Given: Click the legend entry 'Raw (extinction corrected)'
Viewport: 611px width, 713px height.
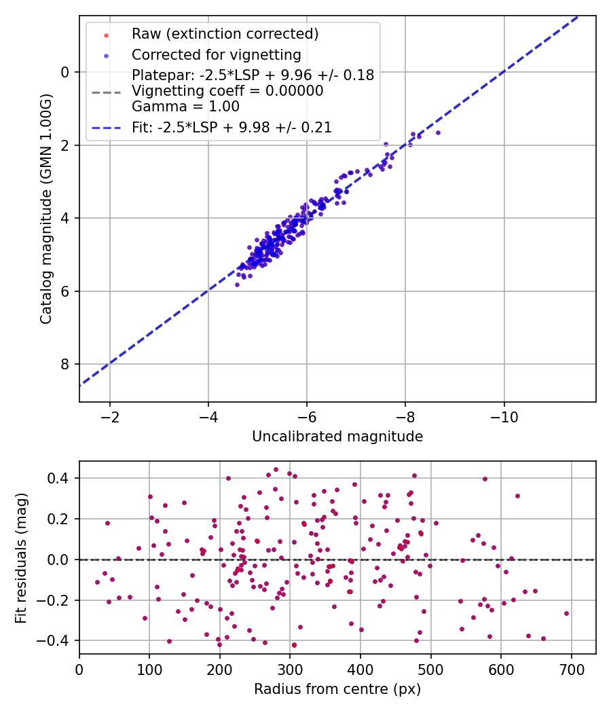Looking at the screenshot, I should click(225, 33).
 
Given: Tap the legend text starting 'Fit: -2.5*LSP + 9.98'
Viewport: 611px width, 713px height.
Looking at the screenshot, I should click(232, 127).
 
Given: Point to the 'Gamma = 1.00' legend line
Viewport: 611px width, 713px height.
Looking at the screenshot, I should click(185, 106).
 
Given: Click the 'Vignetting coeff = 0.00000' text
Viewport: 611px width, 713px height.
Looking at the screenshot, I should click(227, 90).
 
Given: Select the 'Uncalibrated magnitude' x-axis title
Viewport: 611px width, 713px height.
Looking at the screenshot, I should click(337, 437).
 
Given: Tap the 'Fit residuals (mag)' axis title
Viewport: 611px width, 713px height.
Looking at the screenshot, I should click(20, 557).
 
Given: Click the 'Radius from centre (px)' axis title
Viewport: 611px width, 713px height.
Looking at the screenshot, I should click(337, 689).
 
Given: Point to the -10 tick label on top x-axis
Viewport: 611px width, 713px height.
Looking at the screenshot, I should click(504, 416).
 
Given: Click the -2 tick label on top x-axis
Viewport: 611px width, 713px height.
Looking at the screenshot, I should click(109, 416).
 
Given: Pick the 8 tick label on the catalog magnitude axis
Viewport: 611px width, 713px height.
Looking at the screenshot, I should click(65, 365).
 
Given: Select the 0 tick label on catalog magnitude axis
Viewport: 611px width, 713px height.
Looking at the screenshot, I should click(65, 72).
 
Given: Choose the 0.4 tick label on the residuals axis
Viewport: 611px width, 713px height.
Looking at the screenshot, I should click(58, 478).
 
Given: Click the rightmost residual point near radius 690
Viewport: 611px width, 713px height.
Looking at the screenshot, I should click(566, 613).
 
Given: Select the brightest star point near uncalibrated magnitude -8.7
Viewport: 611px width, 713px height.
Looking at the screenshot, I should click(438, 132).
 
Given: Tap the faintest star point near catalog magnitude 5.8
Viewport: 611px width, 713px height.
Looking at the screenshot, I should click(237, 285).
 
